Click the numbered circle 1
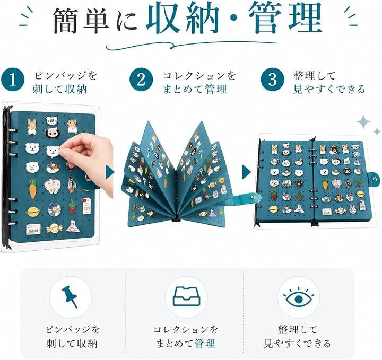(13, 81)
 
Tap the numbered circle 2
(141, 80)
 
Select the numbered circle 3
(273, 79)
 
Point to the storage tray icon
(186, 296)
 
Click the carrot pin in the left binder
(33, 189)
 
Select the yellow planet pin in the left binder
(33, 211)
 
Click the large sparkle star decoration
(364, 122)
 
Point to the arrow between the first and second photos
(110, 172)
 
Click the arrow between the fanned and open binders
(246, 172)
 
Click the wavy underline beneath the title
(192, 46)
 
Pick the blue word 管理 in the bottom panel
(205, 344)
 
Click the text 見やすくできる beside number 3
(329, 89)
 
